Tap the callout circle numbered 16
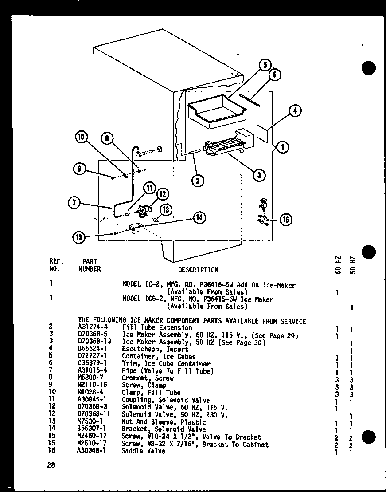[286, 220]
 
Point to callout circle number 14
[199, 217]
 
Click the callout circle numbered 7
[74, 204]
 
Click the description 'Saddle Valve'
[143, 451]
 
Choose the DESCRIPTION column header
[198, 270]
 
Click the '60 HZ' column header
[338, 264]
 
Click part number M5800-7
[89, 378]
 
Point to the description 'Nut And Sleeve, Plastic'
[160, 421]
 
